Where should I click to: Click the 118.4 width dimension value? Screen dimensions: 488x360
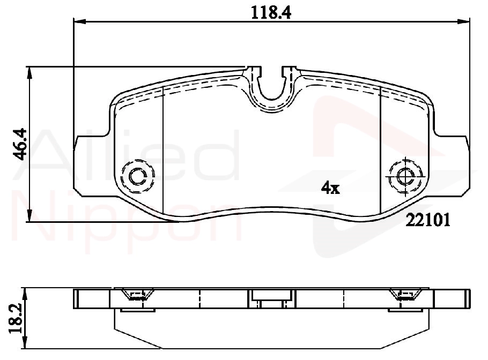(271, 13)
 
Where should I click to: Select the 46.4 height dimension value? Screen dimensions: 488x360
(21, 144)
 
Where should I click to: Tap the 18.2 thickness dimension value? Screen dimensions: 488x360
(16, 319)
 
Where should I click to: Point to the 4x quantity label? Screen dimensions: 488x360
(330, 188)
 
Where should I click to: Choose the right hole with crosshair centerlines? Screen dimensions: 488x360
(406, 177)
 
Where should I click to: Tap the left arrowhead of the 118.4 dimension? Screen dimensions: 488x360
(79, 21)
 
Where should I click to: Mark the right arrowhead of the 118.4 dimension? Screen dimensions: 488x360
(464, 21)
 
